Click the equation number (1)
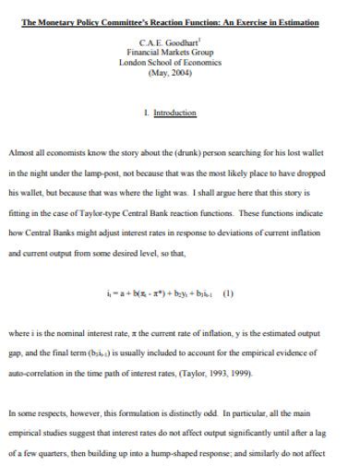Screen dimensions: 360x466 coord(227,294)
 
